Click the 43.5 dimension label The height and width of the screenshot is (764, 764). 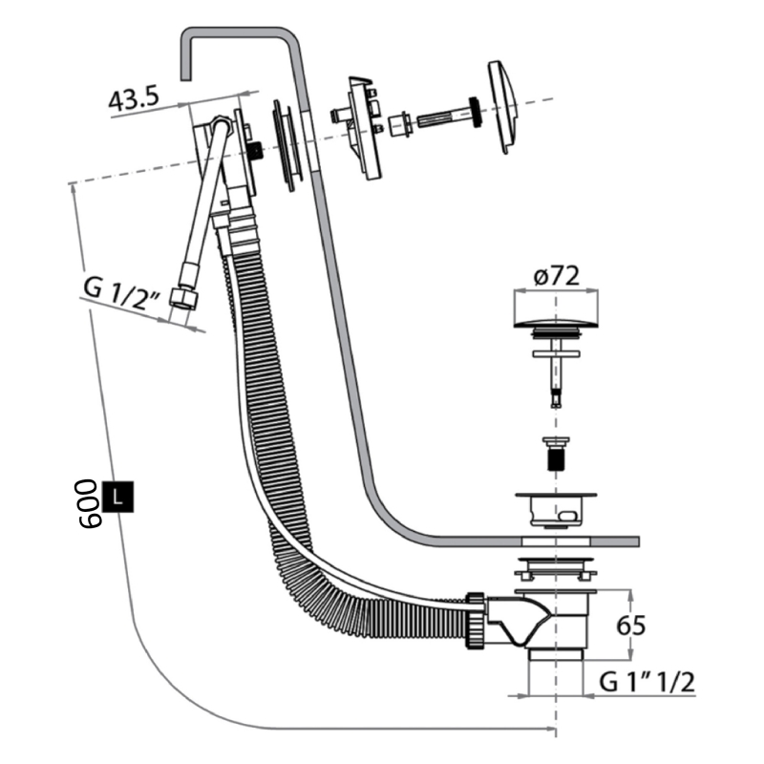click(x=134, y=99)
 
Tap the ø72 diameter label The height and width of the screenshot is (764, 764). click(x=557, y=276)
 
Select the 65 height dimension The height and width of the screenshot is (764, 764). click(x=631, y=626)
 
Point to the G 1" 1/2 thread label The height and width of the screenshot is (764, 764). click(x=647, y=682)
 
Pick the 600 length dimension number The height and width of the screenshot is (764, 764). click(x=90, y=503)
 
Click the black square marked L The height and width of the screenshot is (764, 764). click(x=117, y=497)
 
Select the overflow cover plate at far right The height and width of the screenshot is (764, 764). click(x=503, y=107)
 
